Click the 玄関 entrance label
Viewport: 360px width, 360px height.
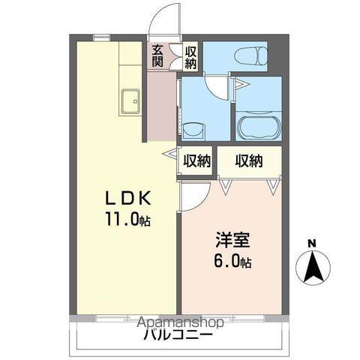(x=157, y=56)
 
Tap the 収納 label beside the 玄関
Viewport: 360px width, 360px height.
(x=191, y=56)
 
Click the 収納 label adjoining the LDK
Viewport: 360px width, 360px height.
(x=196, y=160)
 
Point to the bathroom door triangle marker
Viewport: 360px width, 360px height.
(x=240, y=85)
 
